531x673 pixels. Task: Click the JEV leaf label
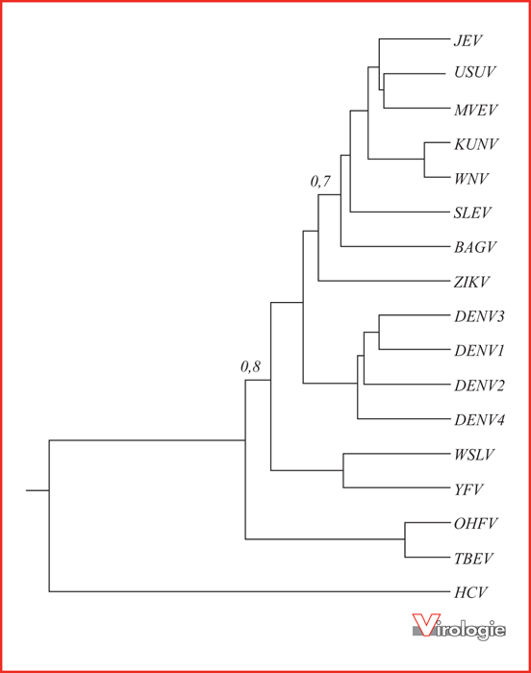pos(468,40)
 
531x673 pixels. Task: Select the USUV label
pos(474,72)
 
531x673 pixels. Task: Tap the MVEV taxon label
pos(475,110)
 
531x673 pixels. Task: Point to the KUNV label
pos(476,144)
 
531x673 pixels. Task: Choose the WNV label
pos(471,179)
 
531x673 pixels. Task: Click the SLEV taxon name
pos(472,212)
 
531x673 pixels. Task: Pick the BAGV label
pos(475,247)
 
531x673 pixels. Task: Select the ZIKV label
pos(471,282)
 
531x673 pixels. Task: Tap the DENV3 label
pos(479,316)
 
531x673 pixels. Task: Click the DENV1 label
pos(479,351)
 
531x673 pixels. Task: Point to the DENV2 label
pos(479,386)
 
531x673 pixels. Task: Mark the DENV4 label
pos(479,419)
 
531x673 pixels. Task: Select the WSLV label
pos(474,455)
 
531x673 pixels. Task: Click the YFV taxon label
pos(468,489)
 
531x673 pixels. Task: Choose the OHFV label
pos(475,524)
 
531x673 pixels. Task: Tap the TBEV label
pos(474,559)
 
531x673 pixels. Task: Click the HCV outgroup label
pos(470,593)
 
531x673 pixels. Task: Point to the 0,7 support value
pos(320,182)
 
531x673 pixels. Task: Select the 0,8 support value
pos(250,366)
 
